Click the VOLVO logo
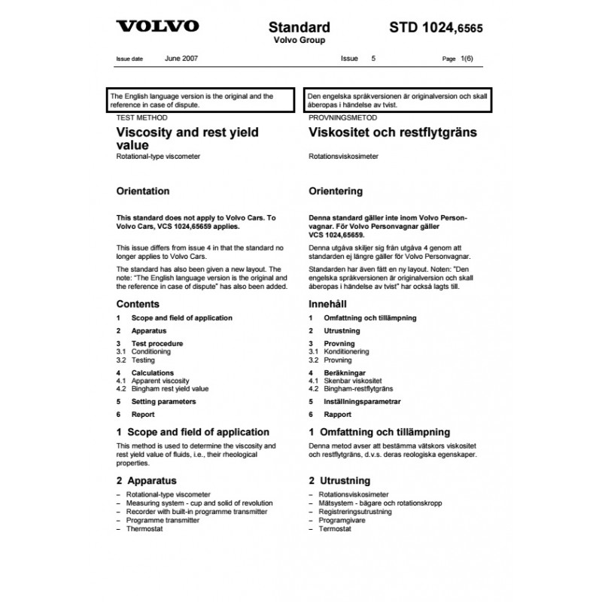point(157,26)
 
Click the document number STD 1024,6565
point(436,29)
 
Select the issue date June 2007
point(181,58)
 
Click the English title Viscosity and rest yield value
point(187,138)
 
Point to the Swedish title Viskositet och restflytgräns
point(393,132)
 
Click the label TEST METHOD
point(141,118)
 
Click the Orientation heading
point(143,191)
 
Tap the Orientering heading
point(336,191)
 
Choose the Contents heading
point(138,304)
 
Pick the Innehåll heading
point(331,304)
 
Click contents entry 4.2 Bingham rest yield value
point(163,389)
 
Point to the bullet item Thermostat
point(144,529)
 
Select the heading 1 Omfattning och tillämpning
point(379,432)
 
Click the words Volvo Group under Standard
point(299,41)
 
